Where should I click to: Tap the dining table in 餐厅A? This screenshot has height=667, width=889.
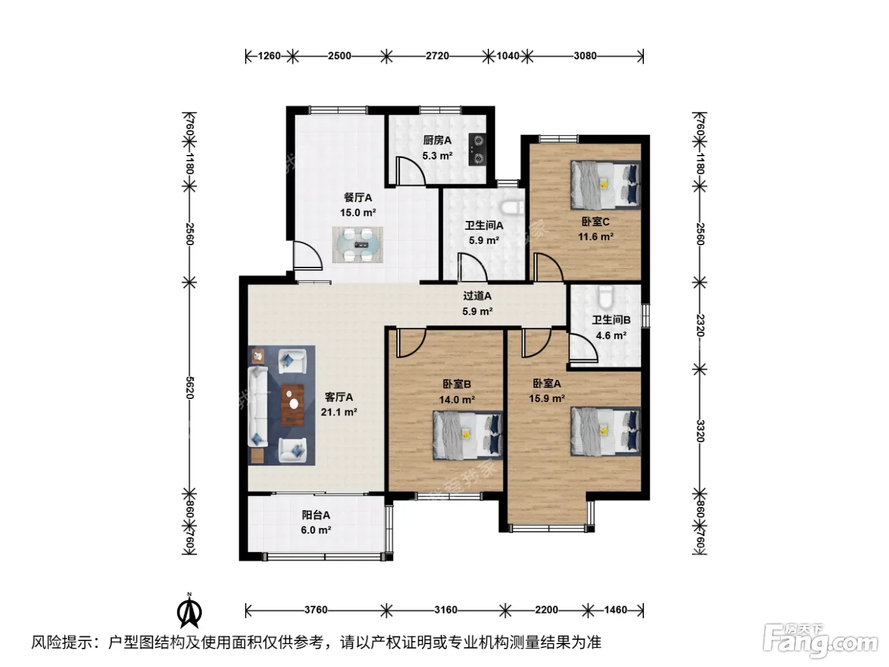[x=358, y=244]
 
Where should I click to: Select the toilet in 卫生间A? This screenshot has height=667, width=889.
[x=512, y=208]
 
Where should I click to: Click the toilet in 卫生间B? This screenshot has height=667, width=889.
[x=606, y=297]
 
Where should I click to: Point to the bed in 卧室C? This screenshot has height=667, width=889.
[x=606, y=185]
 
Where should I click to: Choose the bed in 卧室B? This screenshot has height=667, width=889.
[x=468, y=435]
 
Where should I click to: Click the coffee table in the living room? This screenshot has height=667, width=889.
[x=293, y=405]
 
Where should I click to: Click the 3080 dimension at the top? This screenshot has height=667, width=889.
[x=585, y=56]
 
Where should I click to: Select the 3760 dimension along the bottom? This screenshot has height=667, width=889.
[x=316, y=610]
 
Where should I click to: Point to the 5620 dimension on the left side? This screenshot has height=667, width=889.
[x=190, y=387]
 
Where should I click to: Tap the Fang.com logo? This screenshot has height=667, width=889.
[x=821, y=642]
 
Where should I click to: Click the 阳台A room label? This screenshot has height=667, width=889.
[x=316, y=515]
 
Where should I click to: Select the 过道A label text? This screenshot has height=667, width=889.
[x=478, y=296]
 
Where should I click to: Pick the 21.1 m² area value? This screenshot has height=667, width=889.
[x=339, y=412]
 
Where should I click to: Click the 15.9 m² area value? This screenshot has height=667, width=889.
[x=547, y=398]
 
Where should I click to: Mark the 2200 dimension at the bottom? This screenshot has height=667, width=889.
[x=546, y=610]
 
